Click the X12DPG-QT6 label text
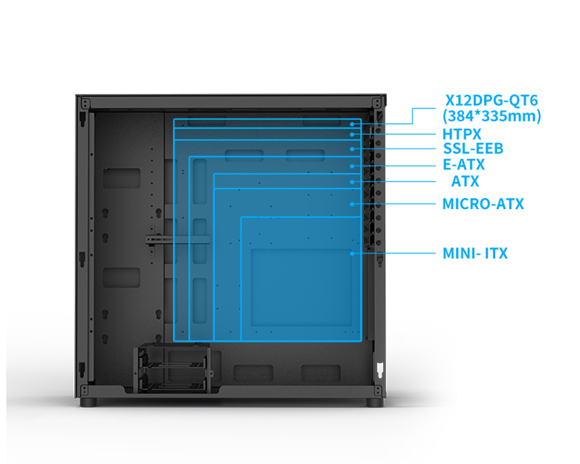[492, 101]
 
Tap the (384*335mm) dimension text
[492, 116]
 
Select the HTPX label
[462, 134]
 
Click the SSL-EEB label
[473, 148]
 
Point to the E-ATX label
[464, 164]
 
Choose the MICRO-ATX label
[483, 204]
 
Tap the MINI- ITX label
[475, 253]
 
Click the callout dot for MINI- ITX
[352, 253]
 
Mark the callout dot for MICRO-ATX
[352, 204]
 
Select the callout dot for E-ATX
[352, 166]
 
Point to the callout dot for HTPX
[352, 134]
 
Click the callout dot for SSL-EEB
[352, 149]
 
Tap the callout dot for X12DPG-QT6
[352, 124]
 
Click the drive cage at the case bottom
[172, 368]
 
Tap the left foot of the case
[88, 402]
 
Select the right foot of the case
[375, 402]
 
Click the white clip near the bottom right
[380, 370]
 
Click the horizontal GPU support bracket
[177, 239]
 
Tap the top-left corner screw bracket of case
[86, 103]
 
